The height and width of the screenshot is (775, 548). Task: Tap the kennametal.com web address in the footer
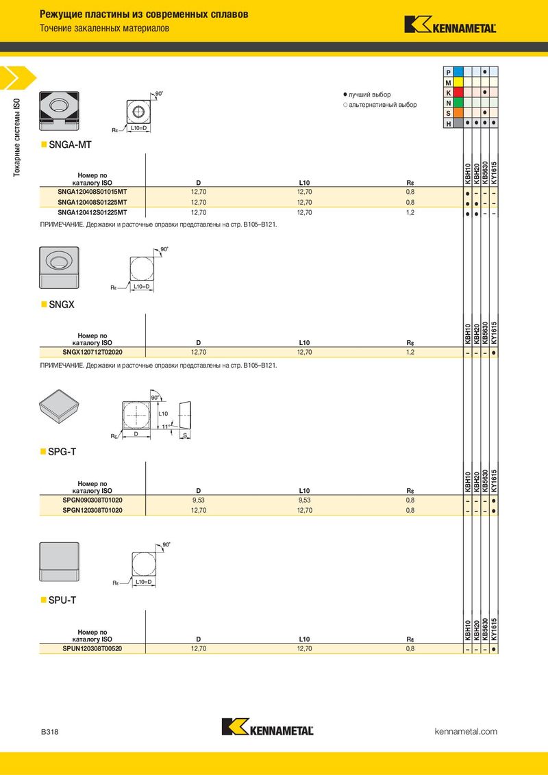click(x=466, y=732)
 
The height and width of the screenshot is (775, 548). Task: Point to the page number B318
click(x=49, y=732)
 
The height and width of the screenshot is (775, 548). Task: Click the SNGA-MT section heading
click(x=70, y=145)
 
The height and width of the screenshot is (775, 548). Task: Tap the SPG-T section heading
click(x=62, y=452)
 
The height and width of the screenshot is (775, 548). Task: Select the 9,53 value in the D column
click(x=199, y=500)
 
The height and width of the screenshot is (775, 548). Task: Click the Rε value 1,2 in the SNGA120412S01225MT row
click(x=410, y=212)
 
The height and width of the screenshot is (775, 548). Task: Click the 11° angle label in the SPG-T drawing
click(x=165, y=426)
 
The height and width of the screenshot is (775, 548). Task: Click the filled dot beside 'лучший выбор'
click(x=345, y=94)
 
